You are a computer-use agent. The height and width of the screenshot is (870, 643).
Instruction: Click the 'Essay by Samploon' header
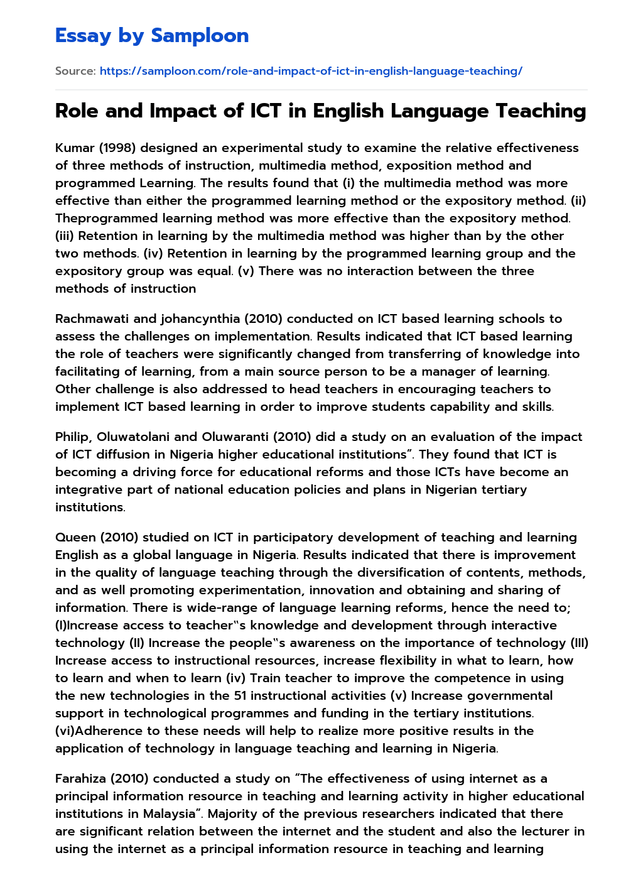pyautogui.click(x=152, y=36)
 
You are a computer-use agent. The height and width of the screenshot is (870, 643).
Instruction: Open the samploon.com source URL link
pyautogui.click(x=311, y=71)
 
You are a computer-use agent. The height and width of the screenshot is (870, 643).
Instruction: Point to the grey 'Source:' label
pyautogui.click(x=75, y=71)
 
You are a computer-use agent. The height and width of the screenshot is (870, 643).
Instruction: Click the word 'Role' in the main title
pyautogui.click(x=77, y=111)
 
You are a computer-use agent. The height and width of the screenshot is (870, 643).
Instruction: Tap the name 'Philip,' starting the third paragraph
pyautogui.click(x=73, y=437)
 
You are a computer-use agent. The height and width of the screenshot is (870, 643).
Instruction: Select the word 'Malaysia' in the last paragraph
pyautogui.click(x=168, y=813)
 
